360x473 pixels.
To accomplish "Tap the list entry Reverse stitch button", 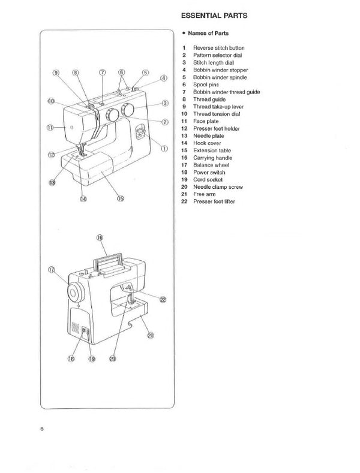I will point(218,47).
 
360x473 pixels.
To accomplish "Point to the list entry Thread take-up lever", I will point(218,106).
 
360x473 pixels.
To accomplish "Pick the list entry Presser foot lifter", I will point(214,202).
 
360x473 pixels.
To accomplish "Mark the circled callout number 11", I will point(50,128).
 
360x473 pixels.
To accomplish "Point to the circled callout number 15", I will point(120,198).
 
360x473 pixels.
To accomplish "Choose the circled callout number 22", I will point(163,300).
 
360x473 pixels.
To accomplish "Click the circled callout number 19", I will point(92,359).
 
